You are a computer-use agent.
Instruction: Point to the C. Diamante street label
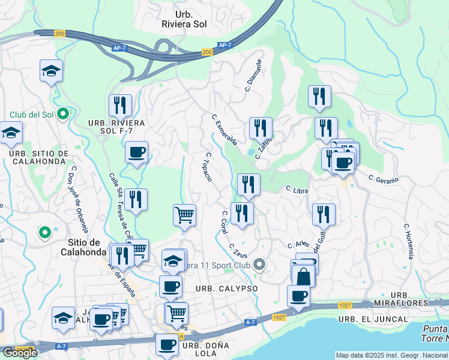coord(253,75)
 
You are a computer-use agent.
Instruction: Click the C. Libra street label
coord(297,190)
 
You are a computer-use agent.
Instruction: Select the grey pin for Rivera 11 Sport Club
coord(259,264)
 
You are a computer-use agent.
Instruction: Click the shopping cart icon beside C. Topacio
coord(184,215)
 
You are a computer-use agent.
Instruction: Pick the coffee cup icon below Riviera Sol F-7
coord(136,152)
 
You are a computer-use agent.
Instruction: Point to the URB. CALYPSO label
coord(227,289)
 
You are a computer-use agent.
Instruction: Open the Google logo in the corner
coord(20,353)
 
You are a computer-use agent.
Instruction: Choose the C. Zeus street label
coord(238,250)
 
